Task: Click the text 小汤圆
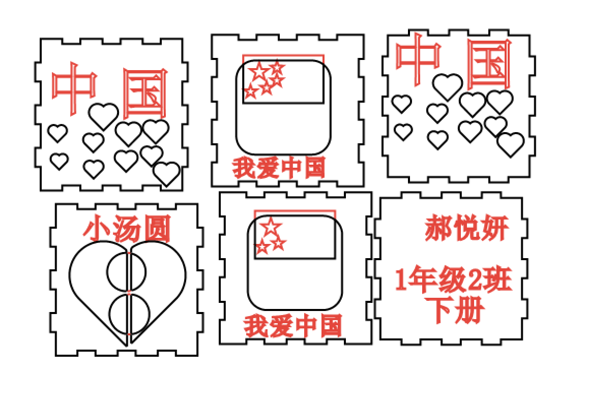coord(127,229)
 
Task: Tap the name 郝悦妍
coord(466,228)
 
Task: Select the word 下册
coord(453,310)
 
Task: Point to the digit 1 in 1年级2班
coord(402,281)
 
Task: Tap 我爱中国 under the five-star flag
coord(279,168)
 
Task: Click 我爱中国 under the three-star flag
coord(293,326)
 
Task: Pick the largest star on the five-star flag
coord(259,72)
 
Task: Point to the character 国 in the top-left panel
coord(145,94)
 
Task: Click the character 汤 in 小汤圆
coord(127,229)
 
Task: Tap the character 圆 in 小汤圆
coord(155,229)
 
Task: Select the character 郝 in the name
coord(437,228)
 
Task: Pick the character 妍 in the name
coord(494,228)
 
